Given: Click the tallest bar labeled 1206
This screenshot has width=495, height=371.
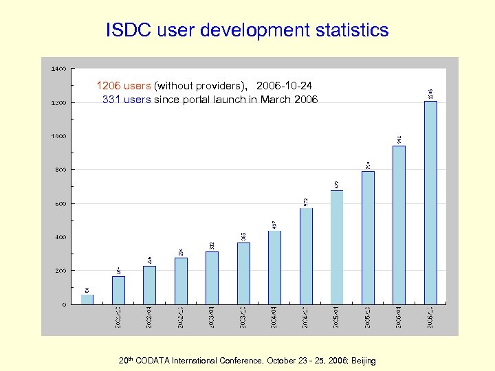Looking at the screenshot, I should pyautogui.click(x=430, y=202).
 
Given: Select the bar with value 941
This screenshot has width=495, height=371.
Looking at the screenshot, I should pyautogui.click(x=399, y=225).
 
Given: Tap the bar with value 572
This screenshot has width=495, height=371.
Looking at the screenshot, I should pyautogui.click(x=306, y=256).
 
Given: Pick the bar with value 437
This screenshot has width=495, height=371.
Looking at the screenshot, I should pyautogui.click(x=274, y=267).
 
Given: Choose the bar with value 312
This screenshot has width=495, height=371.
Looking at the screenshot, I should pyautogui.click(x=212, y=278).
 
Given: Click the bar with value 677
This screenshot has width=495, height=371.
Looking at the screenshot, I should pyautogui.click(x=337, y=247).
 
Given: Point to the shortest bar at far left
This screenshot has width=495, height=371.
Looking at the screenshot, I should pyautogui.click(x=87, y=299).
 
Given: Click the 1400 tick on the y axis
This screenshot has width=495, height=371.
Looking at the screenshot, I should pyautogui.click(x=59, y=69).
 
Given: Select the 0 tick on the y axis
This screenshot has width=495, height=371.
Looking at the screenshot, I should pyautogui.click(x=64, y=304).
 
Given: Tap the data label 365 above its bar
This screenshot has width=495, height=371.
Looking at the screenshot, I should pyautogui.click(x=243, y=235).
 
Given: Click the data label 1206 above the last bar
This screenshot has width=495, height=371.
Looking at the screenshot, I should pyautogui.click(x=431, y=93).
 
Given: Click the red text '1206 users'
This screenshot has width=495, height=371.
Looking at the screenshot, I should pyautogui.click(x=123, y=87).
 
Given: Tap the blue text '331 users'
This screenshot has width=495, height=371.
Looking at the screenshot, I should pyautogui.click(x=126, y=100).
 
